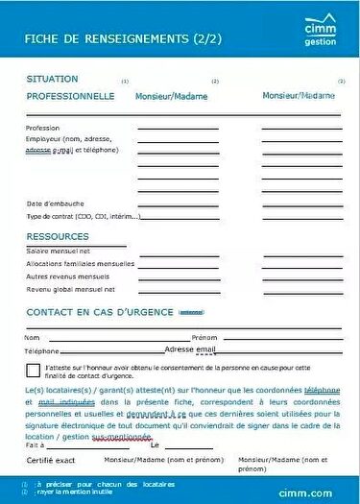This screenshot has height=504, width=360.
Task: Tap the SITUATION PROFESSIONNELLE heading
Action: click(x=70, y=87)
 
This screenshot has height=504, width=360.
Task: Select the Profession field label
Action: click(x=42, y=128)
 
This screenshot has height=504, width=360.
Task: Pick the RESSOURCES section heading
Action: click(x=58, y=236)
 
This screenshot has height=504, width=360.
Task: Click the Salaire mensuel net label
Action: click(x=58, y=251)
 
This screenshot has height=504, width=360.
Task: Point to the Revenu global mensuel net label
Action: click(x=70, y=289)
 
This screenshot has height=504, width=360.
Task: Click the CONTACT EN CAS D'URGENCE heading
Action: click(x=100, y=312)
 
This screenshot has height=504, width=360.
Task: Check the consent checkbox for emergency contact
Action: click(x=34, y=371)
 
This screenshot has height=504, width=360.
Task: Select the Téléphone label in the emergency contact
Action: click(x=41, y=351)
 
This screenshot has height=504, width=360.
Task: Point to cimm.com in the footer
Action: click(x=315, y=490)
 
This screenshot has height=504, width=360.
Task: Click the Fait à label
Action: click(x=36, y=445)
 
